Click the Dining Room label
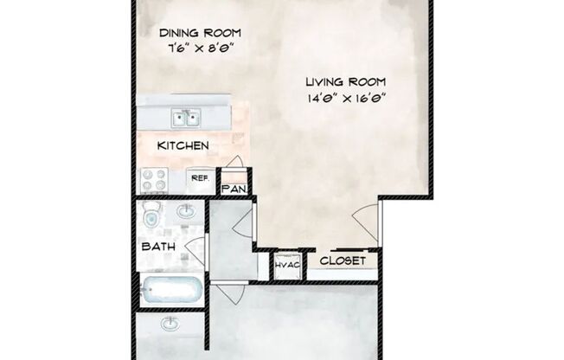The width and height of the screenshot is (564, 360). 200,33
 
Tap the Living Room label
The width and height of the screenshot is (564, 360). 346,82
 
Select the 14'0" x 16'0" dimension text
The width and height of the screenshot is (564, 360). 346,98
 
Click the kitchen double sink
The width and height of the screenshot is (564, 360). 186,118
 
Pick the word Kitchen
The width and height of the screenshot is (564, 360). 183,145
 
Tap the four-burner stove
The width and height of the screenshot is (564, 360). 154,180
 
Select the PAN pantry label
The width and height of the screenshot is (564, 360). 234,189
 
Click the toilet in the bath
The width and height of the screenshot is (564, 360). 151,214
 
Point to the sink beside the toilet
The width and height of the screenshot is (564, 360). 186,211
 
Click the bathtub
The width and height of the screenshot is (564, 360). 171,290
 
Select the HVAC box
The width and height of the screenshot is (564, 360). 287,266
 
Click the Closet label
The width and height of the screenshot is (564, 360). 343,260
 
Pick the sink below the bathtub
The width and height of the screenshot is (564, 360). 170,324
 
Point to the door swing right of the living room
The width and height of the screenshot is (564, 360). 366,222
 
